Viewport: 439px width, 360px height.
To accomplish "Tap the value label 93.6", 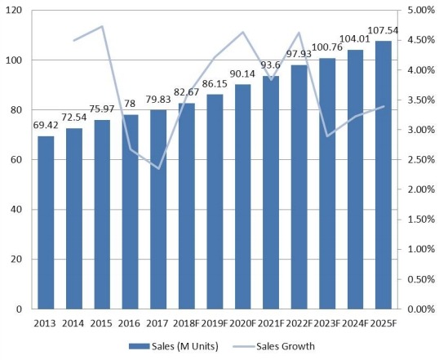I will [271, 68].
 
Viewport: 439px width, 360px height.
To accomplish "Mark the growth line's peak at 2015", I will [102, 26].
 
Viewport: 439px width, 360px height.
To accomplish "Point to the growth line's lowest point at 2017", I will [158, 168].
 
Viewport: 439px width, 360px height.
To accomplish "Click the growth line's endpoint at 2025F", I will [384, 106].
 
